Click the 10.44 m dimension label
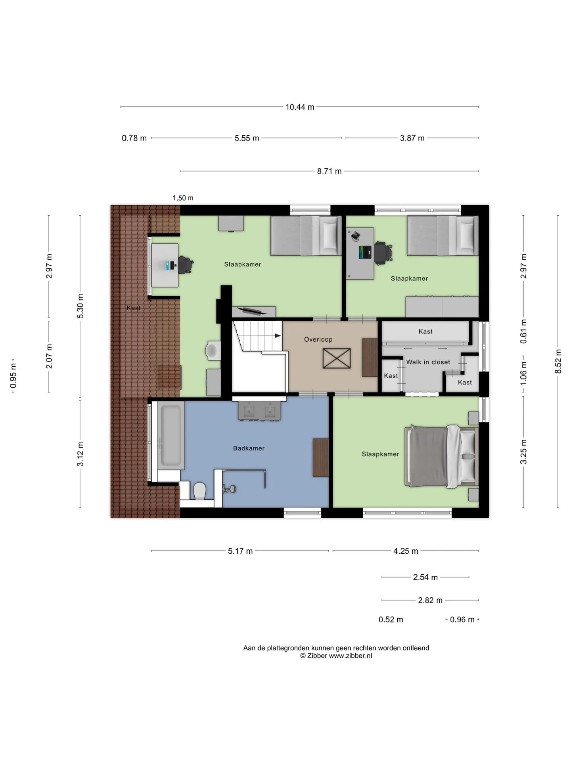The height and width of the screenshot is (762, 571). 300,107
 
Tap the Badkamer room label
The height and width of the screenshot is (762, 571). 249,448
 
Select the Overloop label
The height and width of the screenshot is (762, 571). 318,339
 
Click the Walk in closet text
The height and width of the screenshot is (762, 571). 428,362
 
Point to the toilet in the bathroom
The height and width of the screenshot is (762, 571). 199,491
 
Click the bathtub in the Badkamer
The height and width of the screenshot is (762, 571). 171,435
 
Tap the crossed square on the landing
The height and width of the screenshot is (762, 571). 336,358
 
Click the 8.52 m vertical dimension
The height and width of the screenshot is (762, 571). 558,361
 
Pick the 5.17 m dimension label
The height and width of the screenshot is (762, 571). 240,551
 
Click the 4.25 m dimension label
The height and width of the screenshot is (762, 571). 406,551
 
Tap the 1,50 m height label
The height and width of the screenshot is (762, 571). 183,198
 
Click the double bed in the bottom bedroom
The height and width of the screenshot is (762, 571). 441,457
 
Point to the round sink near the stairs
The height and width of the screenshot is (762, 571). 213,350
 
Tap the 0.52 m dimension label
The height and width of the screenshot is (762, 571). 391,620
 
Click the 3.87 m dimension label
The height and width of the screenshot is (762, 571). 412,138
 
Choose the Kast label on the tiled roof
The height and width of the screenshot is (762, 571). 134,308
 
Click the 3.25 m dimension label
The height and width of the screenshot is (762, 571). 523,452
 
